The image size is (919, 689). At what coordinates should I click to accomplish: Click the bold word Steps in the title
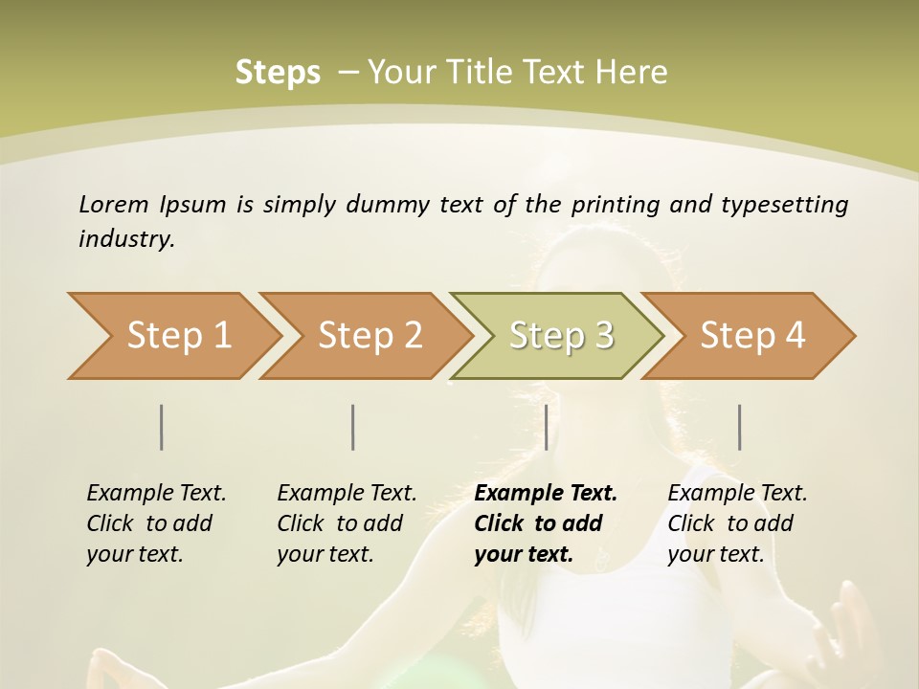278,73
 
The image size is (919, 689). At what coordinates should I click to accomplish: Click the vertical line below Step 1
162,427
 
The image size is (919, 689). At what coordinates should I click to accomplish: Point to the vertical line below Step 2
353,427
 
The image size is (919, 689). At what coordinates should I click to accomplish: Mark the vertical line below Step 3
547,427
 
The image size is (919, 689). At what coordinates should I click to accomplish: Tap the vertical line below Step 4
740,427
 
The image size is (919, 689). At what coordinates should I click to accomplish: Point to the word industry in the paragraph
126,238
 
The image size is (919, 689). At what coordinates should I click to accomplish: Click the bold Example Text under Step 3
546,493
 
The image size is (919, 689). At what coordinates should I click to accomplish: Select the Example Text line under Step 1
156,493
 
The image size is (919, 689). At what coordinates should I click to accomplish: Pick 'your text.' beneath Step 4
715,554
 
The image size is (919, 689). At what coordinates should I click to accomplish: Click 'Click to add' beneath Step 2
340,523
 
